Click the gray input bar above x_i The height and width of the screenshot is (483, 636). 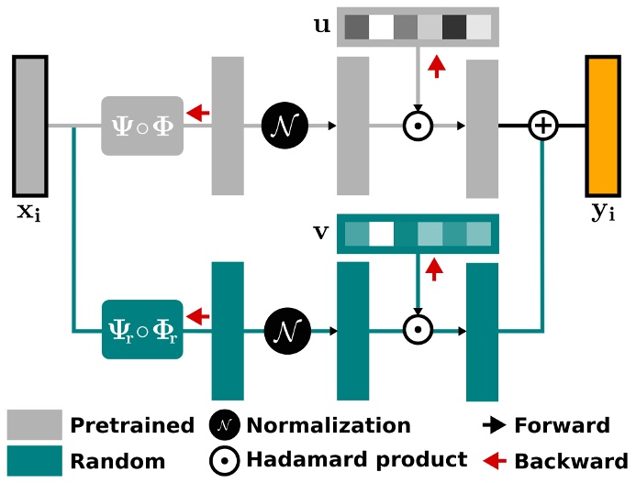[30, 126]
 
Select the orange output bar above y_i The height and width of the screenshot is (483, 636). [603, 126]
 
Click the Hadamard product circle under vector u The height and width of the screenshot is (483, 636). [418, 126]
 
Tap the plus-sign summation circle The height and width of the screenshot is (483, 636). [544, 126]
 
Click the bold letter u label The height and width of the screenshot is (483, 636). [321, 25]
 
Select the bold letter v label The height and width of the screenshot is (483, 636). [321, 231]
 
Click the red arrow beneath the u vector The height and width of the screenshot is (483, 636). [436, 66]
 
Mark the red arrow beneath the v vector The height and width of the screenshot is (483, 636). [436, 269]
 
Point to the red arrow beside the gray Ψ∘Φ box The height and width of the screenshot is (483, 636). [195, 113]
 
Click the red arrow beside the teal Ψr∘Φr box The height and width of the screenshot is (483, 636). [195, 316]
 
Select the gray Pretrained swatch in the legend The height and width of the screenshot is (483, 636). [35, 425]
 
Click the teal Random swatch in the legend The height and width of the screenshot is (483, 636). [35, 460]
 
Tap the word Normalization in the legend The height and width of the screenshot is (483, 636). [328, 425]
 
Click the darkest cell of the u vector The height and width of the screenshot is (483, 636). [453, 27]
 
